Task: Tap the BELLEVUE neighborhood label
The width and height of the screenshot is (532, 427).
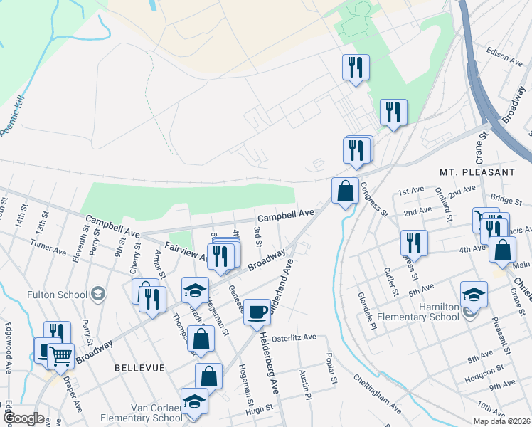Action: [139, 367]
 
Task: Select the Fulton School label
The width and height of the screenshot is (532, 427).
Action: [56, 294]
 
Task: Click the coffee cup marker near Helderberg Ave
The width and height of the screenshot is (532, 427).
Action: [257, 312]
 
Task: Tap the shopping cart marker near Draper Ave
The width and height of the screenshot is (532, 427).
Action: [60, 354]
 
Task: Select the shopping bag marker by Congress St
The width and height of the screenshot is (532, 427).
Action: [345, 191]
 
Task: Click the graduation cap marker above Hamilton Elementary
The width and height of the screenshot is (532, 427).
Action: [474, 294]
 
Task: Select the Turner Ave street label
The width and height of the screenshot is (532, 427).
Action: [48, 244]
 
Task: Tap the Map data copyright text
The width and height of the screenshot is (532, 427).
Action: [500, 421]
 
